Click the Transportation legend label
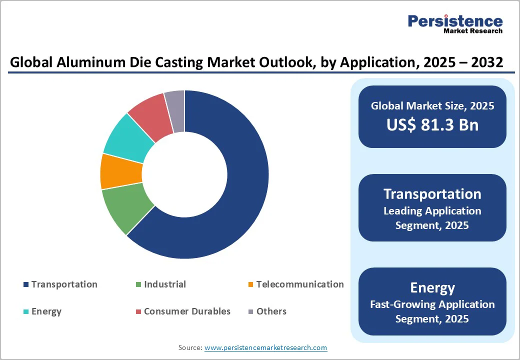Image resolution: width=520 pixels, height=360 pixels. click(64, 284)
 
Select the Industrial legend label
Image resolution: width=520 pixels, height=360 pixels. click(164, 284)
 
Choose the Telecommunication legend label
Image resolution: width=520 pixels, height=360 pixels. click(299, 284)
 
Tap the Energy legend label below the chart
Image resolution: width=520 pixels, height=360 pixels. click(46, 311)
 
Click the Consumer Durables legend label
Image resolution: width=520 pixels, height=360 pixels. click(187, 311)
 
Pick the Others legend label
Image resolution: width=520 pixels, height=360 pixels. click(271, 311)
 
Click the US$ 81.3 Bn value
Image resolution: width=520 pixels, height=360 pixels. click(432, 124)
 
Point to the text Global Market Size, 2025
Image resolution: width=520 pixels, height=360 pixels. click(432, 105)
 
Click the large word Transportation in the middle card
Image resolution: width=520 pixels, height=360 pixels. click(432, 194)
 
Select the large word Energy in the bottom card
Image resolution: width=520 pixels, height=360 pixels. click(432, 287)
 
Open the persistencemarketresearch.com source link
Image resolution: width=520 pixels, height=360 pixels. click(265, 347)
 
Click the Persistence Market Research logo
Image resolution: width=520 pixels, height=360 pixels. click(454, 23)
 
